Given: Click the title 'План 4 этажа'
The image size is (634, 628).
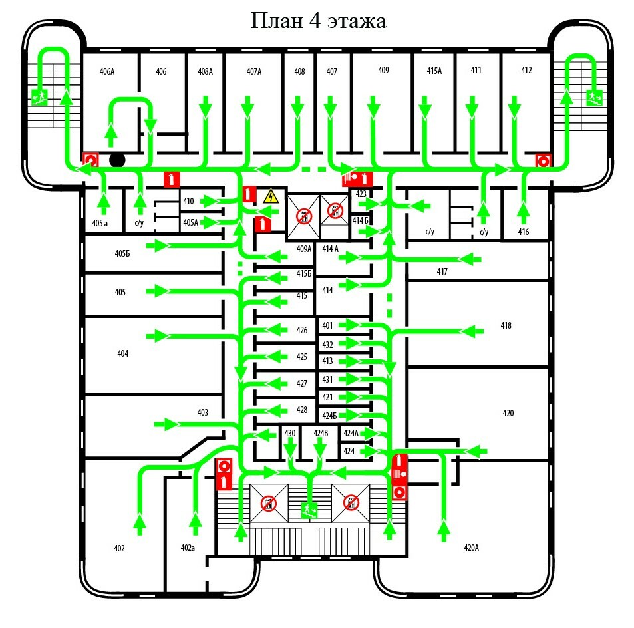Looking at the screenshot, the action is [317, 21].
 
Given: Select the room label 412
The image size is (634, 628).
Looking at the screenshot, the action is [526, 70].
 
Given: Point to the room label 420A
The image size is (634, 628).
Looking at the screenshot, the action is [471, 548].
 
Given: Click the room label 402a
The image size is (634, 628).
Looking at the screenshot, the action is [188, 548].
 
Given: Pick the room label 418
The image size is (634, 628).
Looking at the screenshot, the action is [506, 326].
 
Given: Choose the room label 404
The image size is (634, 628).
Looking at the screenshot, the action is [122, 353].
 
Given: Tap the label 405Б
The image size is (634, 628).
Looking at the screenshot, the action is [121, 253].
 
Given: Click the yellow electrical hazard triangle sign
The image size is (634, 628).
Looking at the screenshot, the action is [270, 196].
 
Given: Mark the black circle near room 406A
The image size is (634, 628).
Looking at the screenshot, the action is [117, 160].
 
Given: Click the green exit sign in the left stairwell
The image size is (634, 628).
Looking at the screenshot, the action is [39, 98].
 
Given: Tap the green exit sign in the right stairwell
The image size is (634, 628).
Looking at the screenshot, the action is [594, 98].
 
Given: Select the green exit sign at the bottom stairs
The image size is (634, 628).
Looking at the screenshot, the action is [309, 510].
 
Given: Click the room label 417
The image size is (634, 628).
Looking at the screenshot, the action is [442, 271].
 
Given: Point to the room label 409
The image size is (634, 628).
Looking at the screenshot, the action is [383, 70].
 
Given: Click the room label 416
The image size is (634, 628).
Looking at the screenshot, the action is [523, 232].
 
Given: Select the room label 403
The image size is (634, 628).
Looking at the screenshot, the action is [203, 412].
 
